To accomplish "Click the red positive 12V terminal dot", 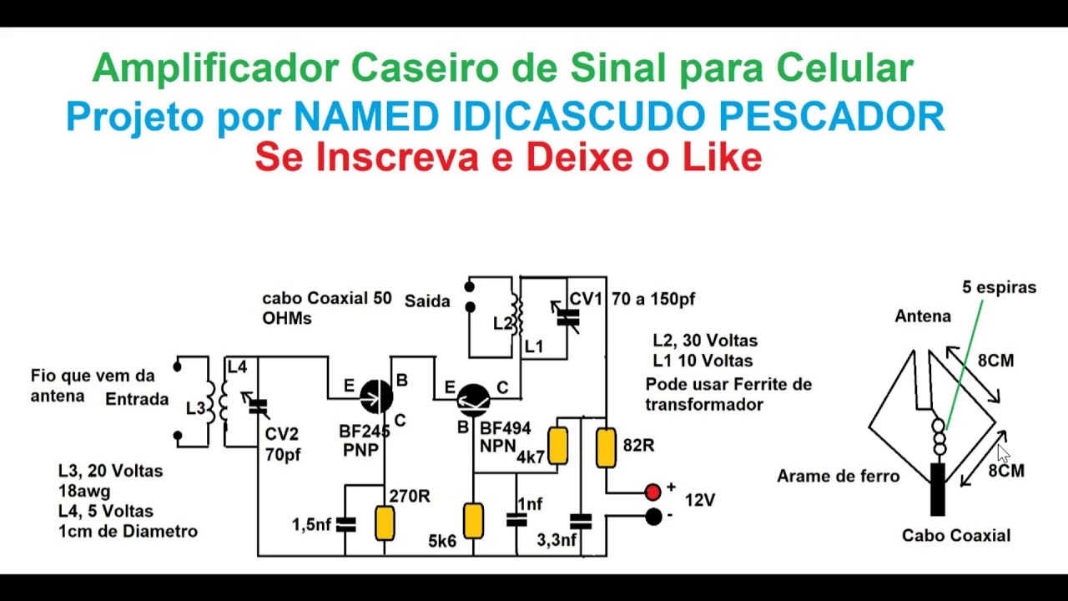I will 652,492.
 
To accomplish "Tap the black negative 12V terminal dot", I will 653,517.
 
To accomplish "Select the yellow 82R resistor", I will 607,447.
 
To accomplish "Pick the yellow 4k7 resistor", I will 557,446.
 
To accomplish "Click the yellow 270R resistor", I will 385,523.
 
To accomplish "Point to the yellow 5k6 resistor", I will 473,520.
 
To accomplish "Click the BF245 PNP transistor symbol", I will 376,396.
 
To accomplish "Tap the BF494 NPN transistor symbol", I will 474,400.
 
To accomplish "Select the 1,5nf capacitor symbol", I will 345,524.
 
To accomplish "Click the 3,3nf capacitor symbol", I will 581,522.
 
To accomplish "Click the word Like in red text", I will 722,157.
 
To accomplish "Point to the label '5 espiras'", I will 999,287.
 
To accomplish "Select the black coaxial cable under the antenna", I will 938,489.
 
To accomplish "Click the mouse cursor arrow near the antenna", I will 1003,453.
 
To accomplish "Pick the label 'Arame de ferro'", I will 838,477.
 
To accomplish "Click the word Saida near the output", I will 427,300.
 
